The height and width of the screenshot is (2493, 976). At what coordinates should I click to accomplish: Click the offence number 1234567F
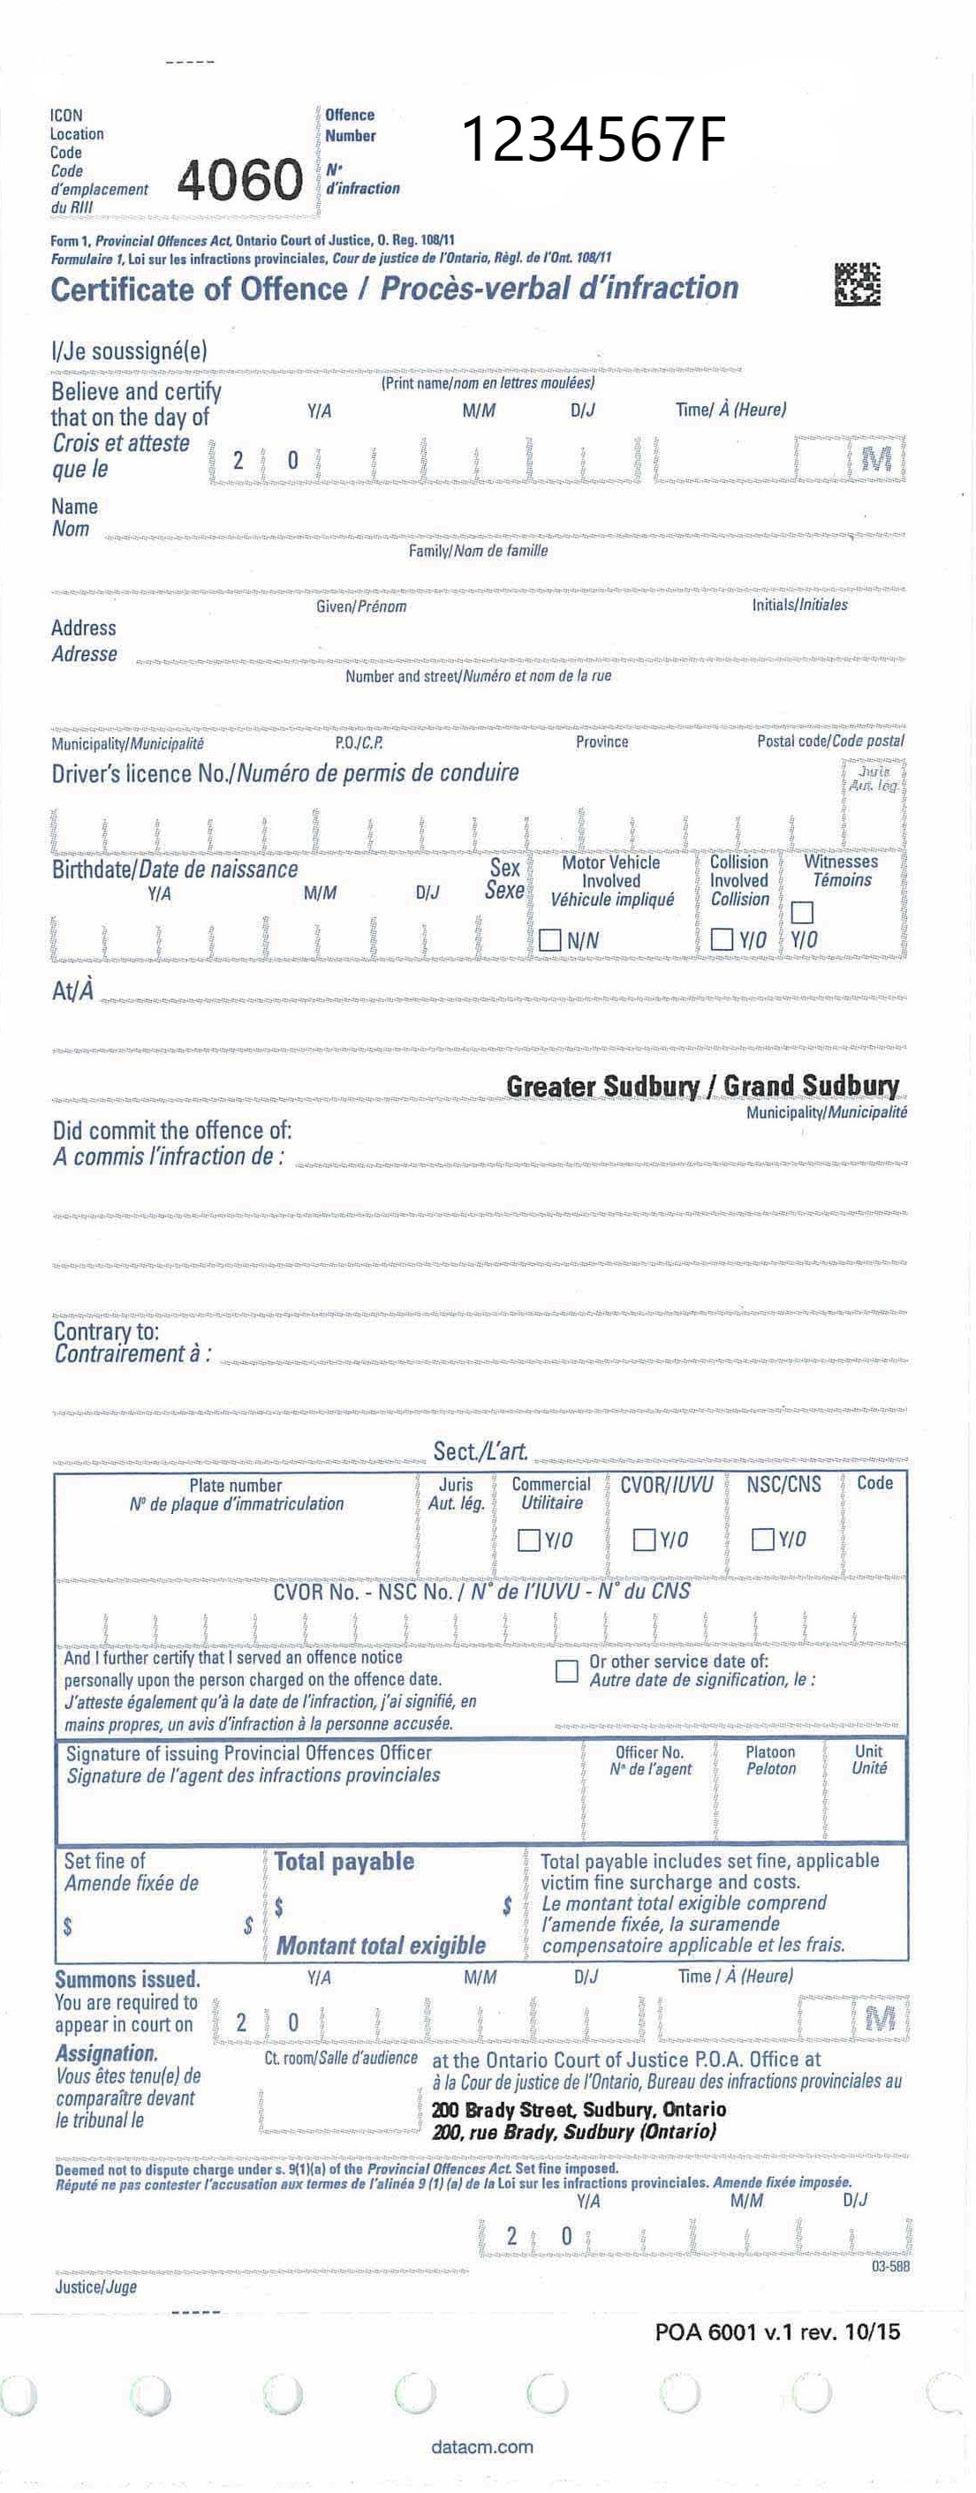pos(593,140)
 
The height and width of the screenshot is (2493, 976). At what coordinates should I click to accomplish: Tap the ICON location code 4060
pos(239,180)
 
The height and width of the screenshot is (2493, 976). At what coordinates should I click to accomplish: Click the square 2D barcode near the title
pos(857,283)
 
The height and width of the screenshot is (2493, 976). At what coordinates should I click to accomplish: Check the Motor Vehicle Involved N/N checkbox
pos(550,939)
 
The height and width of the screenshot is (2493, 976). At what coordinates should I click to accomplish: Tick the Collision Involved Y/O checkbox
pos(722,938)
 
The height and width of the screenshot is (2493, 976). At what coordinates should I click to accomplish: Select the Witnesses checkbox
pos(802,913)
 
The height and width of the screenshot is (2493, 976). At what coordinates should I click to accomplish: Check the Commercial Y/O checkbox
pos(529,1540)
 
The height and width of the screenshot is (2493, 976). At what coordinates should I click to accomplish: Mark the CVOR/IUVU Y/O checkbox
pos(644,1540)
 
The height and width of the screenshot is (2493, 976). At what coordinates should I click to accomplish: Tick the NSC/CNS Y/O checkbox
pos(763,1539)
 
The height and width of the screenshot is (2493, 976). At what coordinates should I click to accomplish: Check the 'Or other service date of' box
pos(566,1670)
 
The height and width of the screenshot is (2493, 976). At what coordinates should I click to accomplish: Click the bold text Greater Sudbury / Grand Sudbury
pos(702,1086)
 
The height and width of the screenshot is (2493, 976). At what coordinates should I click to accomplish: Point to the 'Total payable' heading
pos(344,1861)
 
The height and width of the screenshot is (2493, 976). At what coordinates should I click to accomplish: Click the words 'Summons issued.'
pos(127,1979)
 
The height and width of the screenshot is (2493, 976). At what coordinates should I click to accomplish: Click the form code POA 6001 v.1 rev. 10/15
pos(777,2331)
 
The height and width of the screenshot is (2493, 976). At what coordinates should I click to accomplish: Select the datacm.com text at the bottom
pos(482,2446)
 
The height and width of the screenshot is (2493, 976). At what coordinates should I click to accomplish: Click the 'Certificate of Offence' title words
pos(199,290)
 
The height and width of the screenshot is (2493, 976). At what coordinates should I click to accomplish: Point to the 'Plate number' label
pos(235,1486)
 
